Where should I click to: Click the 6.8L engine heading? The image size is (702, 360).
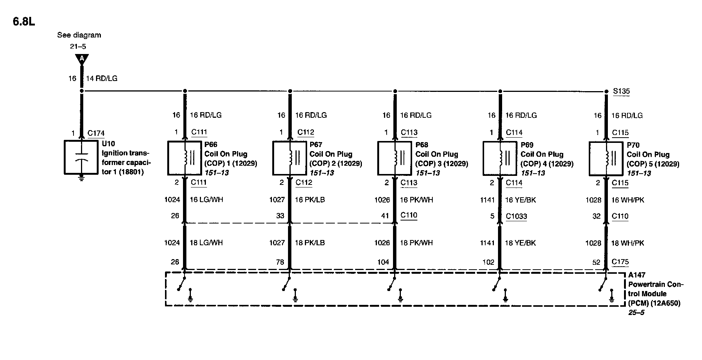pyautogui.click(x=24, y=22)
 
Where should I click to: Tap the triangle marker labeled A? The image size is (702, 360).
pyautogui.click(x=81, y=59)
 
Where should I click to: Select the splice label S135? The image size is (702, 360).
pyautogui.click(x=621, y=91)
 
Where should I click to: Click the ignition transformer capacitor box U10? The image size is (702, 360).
pyautogui.click(x=81, y=157)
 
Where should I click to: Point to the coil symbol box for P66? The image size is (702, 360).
pyautogui.click(x=184, y=158)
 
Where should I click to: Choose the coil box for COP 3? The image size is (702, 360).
pyautogui.click(x=394, y=158)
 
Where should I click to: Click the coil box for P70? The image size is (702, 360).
pyautogui.click(x=606, y=158)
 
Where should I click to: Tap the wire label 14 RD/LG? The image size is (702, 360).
pyautogui.click(x=102, y=78)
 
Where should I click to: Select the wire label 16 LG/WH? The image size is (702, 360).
pyautogui.click(x=206, y=199)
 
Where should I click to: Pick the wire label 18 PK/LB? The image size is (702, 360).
pyautogui.click(x=310, y=243)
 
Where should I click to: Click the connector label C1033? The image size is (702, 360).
pyautogui.click(x=516, y=216)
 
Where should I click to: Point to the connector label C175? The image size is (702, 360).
pyautogui.click(x=620, y=262)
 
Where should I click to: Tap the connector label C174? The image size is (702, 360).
pyautogui.click(x=96, y=133)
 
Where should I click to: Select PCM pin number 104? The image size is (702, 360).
pyautogui.click(x=383, y=262)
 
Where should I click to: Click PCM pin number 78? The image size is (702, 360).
pyautogui.click(x=280, y=262)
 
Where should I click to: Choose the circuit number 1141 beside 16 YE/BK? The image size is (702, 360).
pyautogui.click(x=487, y=200)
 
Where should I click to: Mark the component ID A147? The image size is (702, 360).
pyautogui.click(x=636, y=275)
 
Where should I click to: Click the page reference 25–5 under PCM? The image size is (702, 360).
pyautogui.click(x=636, y=312)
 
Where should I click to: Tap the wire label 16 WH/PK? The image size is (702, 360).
pyautogui.click(x=627, y=200)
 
